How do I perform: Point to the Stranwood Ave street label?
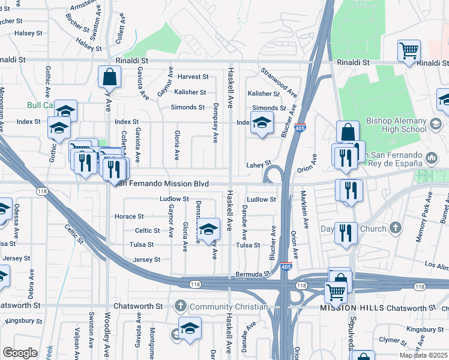(279, 83)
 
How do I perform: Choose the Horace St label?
(129, 216)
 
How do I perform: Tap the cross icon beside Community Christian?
(180, 307)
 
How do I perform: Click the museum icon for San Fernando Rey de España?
(431, 158)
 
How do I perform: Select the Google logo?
(20, 353)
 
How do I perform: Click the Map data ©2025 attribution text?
(423, 355)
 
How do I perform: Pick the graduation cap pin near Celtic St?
(208, 229)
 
